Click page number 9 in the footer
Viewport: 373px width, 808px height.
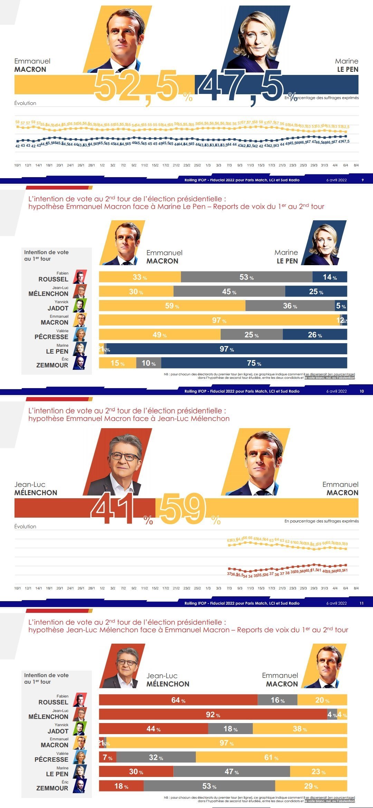pyautogui.click(x=362, y=180)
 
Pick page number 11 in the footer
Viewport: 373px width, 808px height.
pyautogui.click(x=362, y=603)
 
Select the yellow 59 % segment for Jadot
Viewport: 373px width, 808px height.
pyautogui.click(x=172, y=306)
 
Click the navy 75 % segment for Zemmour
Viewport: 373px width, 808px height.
pyautogui.click(x=254, y=363)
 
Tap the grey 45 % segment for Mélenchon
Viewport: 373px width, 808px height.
pyautogui.click(x=229, y=291)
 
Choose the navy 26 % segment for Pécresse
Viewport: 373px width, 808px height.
pyautogui.click(x=315, y=335)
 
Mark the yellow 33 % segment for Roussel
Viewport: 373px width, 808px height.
pyautogui.click(x=140, y=277)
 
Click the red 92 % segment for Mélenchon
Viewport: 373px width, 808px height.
pyautogui.click(x=213, y=714)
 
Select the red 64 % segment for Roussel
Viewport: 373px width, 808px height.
pyautogui.click(x=178, y=700)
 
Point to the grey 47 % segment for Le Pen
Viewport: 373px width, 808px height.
pyautogui.click(x=231, y=771)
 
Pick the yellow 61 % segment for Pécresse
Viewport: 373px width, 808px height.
pyautogui.click(x=271, y=757)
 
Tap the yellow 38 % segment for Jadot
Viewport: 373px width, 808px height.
pyautogui.click(x=299, y=729)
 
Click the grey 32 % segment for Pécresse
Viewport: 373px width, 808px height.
pyautogui.click(x=156, y=757)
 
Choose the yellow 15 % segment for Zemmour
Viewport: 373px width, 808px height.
pyautogui.click(x=117, y=363)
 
